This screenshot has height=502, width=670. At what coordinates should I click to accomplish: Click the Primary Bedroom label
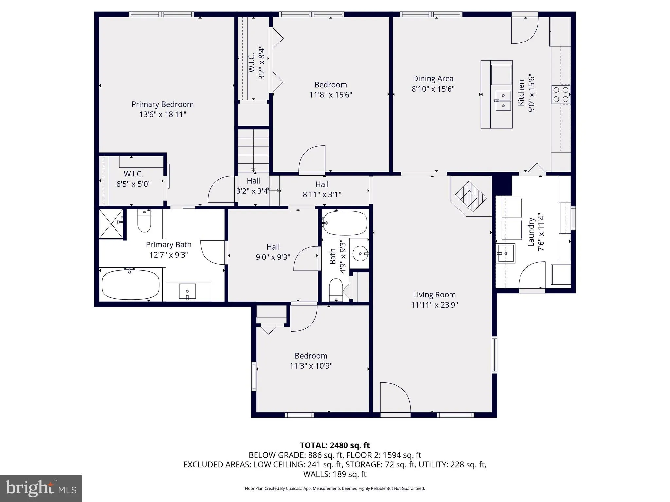pyautogui.click(x=163, y=104)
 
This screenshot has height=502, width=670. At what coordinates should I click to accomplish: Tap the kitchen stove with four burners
pyautogui.click(x=561, y=94)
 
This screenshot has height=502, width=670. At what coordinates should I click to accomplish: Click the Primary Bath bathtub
pyautogui.click(x=131, y=284)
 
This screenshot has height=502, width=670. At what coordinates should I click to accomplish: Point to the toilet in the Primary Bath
pyautogui.click(x=144, y=221)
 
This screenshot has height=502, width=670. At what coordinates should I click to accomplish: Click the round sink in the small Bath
pyautogui.click(x=360, y=253)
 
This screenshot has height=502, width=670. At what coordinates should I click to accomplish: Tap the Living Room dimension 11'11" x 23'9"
pyautogui.click(x=434, y=305)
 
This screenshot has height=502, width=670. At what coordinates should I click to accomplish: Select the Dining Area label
pyautogui.click(x=433, y=79)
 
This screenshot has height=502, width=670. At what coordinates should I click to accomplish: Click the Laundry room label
pyautogui.click(x=531, y=232)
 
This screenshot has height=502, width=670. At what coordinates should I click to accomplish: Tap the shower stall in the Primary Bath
pyautogui.click(x=111, y=224)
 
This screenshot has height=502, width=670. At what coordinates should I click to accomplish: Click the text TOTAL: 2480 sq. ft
pyautogui.click(x=335, y=445)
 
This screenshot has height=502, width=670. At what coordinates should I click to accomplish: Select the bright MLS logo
pyautogui.click(x=41, y=488)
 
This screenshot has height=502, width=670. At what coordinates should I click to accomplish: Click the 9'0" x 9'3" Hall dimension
pyautogui.click(x=273, y=257)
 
